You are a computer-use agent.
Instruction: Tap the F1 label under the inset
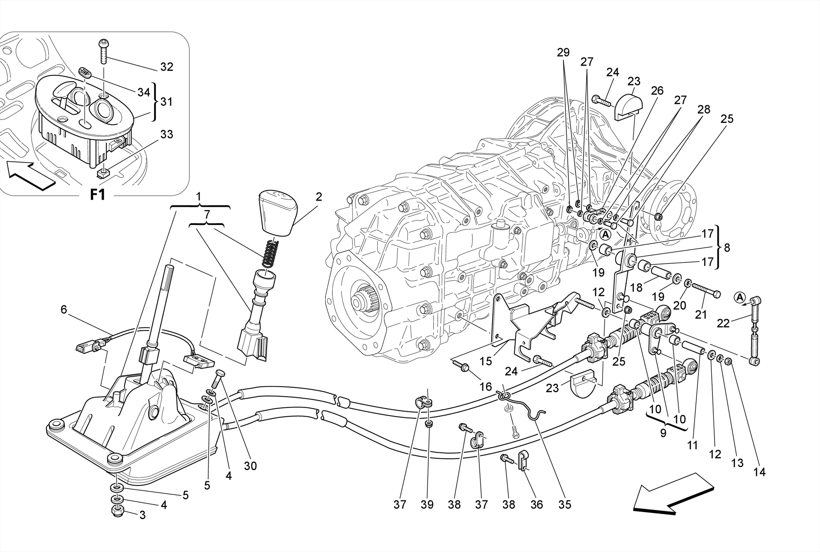coord(97,195)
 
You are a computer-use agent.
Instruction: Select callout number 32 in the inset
coord(167,67)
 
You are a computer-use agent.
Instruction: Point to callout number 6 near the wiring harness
coord(64,309)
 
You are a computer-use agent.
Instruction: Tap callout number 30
coord(250,466)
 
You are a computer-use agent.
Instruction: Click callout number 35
coord(565,505)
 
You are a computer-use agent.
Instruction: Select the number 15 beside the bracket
coord(486,361)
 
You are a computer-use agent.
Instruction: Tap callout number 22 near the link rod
coord(723,323)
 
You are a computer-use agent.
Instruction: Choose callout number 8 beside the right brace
coord(727,248)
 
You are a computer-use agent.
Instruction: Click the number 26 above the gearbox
coord(657,91)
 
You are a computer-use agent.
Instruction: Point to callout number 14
coord(759,472)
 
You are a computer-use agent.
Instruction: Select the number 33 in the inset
coord(167,134)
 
